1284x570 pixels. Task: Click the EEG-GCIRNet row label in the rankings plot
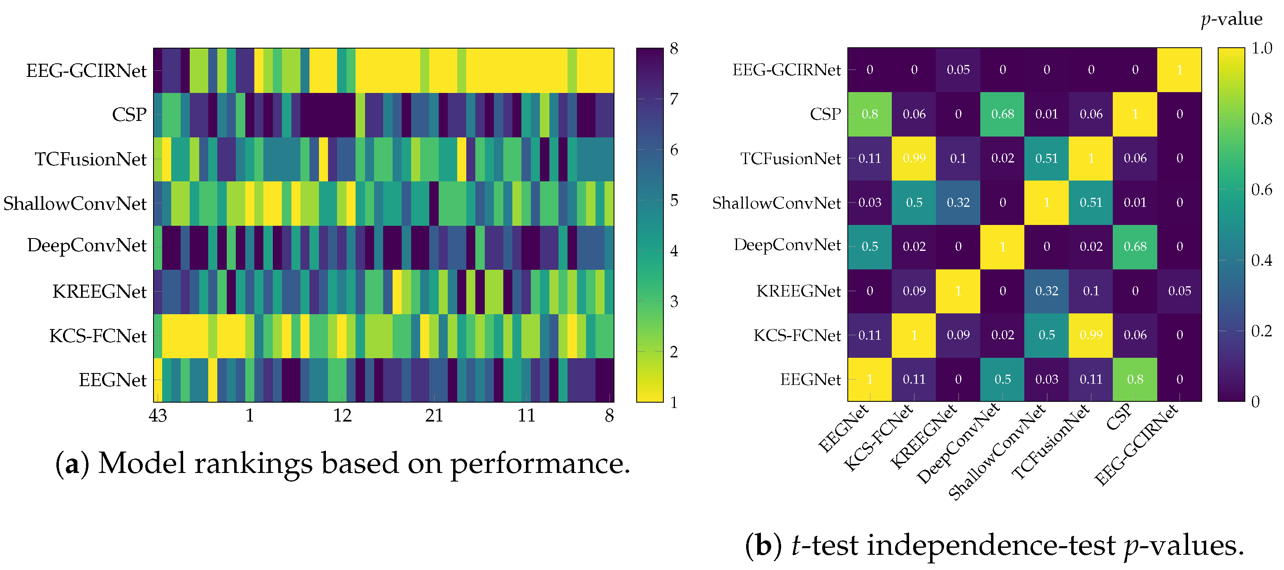pos(86,71)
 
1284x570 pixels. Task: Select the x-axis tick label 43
pos(158,415)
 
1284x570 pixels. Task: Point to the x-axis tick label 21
pos(434,415)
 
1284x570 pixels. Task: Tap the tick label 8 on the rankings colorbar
pos(674,49)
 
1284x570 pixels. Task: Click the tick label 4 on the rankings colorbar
pos(674,250)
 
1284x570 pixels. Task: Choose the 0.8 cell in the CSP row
pos(870,114)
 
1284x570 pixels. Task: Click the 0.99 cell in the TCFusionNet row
pos(914,158)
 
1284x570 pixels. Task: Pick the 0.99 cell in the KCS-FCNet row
pos(1091,335)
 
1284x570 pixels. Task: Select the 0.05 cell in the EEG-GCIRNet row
pos(958,70)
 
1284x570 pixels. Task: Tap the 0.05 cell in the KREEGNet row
pos(1179,291)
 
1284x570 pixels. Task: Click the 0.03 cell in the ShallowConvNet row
pos(870,202)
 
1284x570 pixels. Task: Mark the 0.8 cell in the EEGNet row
pos(1135,379)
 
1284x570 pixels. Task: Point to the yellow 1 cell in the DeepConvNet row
pos(1003,247)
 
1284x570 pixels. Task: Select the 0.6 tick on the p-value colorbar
pos(1261,189)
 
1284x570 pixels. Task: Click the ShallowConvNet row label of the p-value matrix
pos(776,203)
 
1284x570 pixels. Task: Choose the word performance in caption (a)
pos(540,463)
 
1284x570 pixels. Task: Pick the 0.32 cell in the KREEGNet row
pos(1047,291)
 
